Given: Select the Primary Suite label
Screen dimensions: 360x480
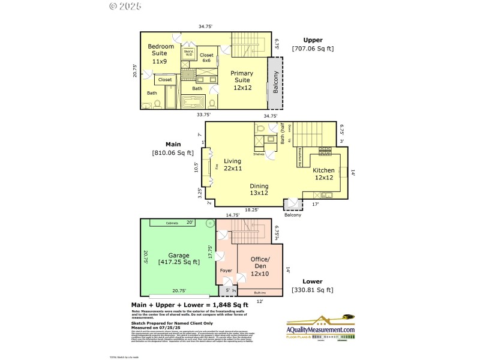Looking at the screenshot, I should (242, 80).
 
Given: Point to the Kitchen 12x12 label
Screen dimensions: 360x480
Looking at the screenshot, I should (323, 174).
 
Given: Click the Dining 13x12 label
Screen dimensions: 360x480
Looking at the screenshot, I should (259, 190).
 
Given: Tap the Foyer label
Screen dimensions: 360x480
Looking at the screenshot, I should (226, 270).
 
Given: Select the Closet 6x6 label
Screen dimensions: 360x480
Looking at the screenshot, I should (206, 58).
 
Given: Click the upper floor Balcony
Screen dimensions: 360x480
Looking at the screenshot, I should (276, 82).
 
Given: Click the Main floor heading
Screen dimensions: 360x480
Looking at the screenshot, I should (174, 145).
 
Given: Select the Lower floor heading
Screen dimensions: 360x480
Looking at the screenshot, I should (312, 281).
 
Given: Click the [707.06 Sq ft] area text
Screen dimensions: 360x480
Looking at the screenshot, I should (313, 48).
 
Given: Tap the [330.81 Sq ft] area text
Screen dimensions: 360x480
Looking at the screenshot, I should (312, 290).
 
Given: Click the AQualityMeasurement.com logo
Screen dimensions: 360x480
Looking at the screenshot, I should (320, 328).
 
